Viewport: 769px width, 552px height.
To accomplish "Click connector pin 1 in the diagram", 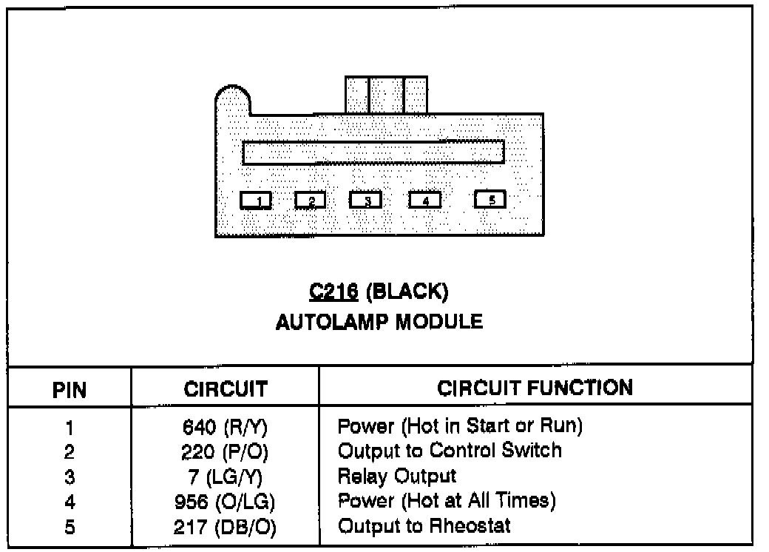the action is pos(257,201).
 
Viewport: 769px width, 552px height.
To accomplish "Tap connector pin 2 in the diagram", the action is pos(311,201).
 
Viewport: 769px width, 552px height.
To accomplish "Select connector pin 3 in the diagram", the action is pos(365,201).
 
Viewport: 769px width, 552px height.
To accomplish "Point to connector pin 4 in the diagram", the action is pos(425,201).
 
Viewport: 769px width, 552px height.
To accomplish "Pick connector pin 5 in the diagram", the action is pos(490,200).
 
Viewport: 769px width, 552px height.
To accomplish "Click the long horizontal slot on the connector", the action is pos(373,152).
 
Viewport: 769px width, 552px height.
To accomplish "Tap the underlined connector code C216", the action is pos(333,292).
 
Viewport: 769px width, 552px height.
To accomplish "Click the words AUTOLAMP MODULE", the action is pos(379,322).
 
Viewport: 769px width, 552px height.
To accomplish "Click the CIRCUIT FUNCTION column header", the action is pos(535,388).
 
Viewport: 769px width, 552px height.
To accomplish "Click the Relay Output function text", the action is pos(396,476).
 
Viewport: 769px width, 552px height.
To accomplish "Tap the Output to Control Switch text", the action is pos(450,451).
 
